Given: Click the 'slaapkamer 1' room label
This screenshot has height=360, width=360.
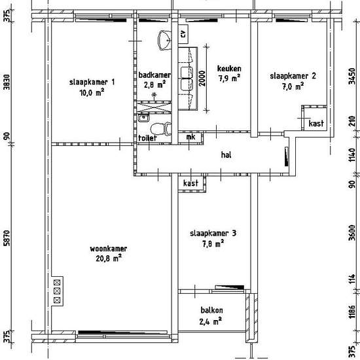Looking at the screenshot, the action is pos(92,82).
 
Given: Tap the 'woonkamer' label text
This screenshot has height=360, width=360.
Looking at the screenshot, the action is pos(109,249).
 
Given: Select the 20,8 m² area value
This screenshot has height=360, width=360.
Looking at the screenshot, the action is pos(109,259).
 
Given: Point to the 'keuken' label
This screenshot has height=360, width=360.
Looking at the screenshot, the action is pos(229,69).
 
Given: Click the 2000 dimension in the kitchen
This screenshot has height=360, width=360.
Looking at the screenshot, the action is pos(202,79).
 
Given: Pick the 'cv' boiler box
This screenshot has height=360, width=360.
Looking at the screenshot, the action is pos(183,34).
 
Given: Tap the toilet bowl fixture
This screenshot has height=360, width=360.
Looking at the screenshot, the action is pos(161,129).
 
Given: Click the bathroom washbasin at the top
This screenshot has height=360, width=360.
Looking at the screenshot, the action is pos(164,40).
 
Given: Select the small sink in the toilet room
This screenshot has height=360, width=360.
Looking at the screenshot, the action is pos(143,118).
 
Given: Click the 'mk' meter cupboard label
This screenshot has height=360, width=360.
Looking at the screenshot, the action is pos(190,137).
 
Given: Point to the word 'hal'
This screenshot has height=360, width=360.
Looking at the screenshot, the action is pos(226,154).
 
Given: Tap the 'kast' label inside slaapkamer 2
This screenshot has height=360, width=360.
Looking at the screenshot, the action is pos(316,123).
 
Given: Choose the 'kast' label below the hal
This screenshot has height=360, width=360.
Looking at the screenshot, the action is pos(190,183).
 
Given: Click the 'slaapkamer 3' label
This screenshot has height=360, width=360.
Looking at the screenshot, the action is pos(213,233).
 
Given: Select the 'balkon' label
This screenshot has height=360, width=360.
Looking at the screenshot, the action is pos(211,310).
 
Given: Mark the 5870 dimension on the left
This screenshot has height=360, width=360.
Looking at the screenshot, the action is pos(7,238).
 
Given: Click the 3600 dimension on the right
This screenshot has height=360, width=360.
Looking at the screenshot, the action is pos(351,232).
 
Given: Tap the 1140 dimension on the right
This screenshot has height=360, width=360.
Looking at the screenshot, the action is pos(351,154).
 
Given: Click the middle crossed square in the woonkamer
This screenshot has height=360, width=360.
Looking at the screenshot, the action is pos(57,291).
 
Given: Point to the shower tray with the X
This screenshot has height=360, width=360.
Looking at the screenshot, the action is pos(154,107).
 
